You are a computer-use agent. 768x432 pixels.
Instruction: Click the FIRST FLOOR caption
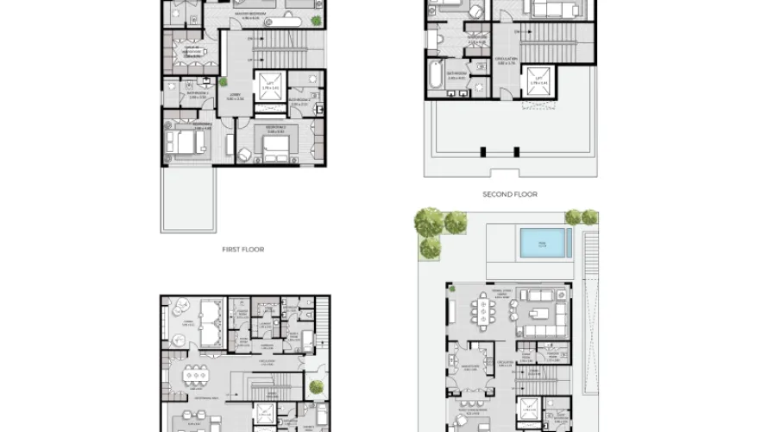click(242, 249)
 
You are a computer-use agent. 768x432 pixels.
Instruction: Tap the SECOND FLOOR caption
click(510, 194)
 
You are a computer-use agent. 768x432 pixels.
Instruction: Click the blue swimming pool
click(544, 243)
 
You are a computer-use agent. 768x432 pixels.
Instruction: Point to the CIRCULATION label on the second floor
click(507, 61)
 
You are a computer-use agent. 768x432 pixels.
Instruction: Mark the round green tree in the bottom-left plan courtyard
click(317, 387)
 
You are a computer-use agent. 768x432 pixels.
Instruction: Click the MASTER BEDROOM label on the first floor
click(252, 14)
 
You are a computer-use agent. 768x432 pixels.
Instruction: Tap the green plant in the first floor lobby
click(223, 82)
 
